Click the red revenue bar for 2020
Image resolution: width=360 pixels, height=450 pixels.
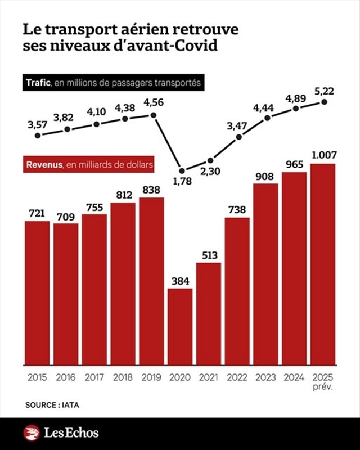pos(180,327)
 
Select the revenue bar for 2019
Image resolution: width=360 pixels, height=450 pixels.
pos(151,281)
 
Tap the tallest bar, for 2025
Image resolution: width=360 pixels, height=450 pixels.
pos(323,264)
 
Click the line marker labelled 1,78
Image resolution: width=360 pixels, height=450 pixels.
pos(181,170)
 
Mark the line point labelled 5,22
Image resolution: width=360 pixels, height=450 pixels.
pos(325,102)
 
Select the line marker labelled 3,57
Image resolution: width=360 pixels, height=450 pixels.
pos(39,135)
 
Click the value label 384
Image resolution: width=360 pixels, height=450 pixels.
pos(181,280)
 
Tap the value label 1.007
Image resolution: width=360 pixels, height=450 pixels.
pos(323,155)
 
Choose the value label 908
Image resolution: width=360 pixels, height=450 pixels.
pos(265,174)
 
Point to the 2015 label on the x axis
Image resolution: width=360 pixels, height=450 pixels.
pos(38,377)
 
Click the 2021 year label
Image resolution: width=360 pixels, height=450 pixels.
pos(209,377)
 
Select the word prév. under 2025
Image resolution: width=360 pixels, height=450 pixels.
pos(323,388)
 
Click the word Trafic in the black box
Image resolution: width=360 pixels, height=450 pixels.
pos(38,83)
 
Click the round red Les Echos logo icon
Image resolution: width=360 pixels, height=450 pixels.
pos(32,433)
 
